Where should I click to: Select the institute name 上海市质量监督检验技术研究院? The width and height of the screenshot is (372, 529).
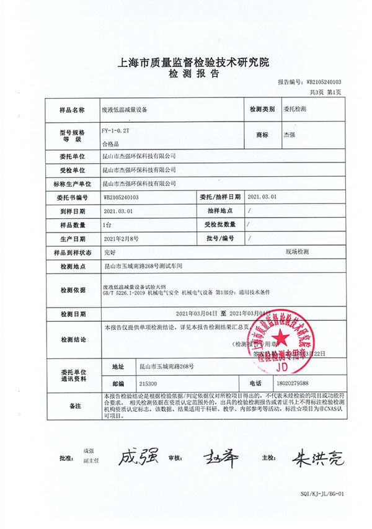coord(186,63)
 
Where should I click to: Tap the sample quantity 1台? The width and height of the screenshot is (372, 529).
coord(108,224)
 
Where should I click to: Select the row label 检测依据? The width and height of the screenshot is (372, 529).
coord(73,290)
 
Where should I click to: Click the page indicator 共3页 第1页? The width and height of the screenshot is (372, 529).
coord(325,92)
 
